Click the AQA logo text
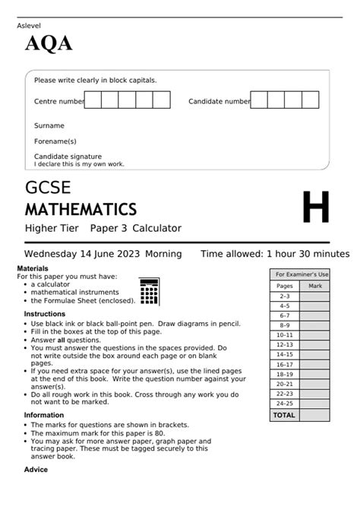49,45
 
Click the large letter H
316,208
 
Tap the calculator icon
150,291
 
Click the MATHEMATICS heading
81,209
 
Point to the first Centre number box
93,100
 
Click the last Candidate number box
310,100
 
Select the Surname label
49,125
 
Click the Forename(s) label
55,141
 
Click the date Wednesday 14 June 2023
82,254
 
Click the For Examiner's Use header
301,274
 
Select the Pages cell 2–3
284,296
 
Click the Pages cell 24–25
284,404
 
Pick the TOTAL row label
284,416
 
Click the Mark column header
314,286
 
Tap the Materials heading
32,269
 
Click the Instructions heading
44,314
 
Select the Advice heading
36,469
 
